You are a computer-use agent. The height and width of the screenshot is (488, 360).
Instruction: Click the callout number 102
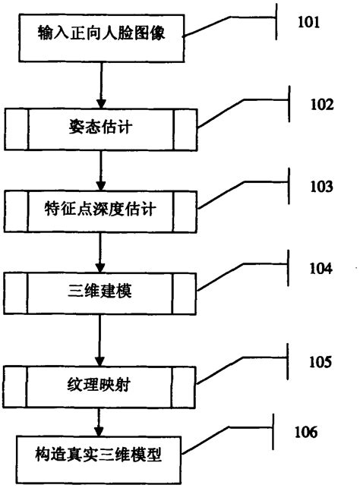click(x=320, y=105)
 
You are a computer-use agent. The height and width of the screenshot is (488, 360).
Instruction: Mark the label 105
click(x=319, y=362)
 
